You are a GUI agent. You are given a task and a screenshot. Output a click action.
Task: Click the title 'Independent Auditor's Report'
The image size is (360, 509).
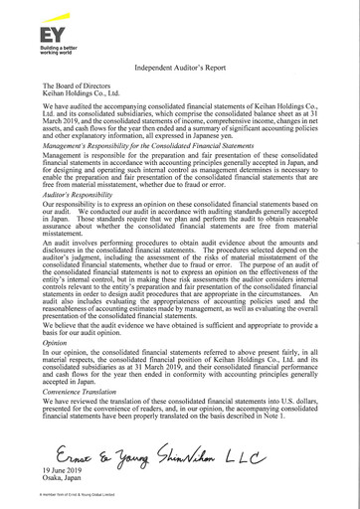pyautogui.click(x=179, y=66)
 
